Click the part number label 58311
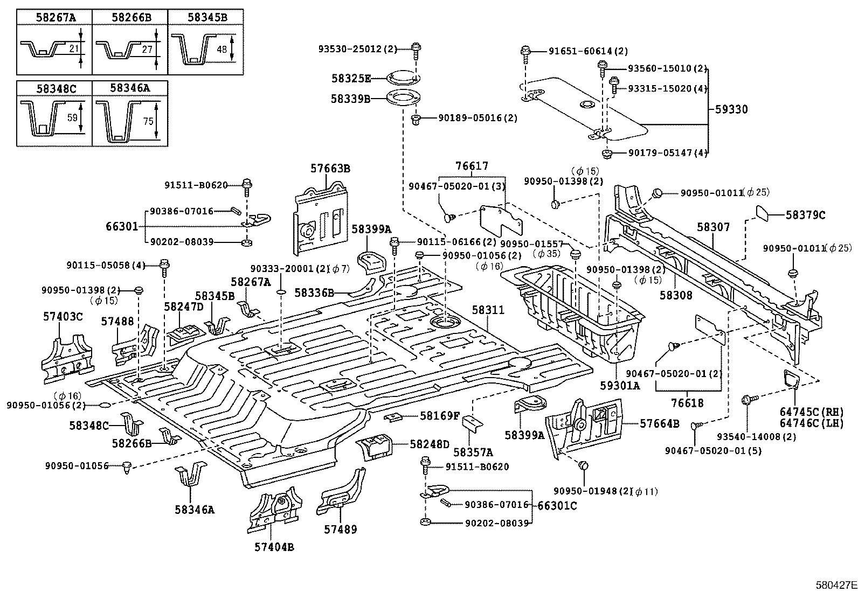[488, 310]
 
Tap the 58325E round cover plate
[402, 79]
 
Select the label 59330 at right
[731, 109]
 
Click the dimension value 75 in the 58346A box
[149, 122]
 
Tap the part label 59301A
[620, 386]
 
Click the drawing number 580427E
[835, 584]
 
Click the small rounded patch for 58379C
[767, 214]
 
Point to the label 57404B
[274, 547]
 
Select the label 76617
[471, 167]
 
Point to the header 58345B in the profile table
[207, 17]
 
